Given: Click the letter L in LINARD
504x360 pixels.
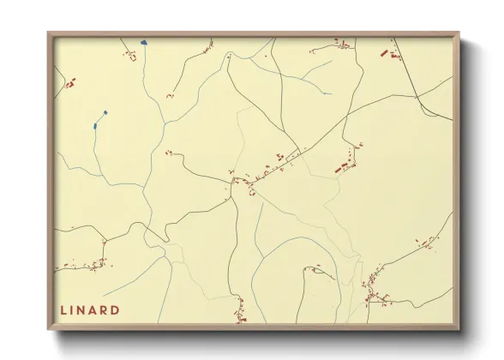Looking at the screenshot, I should coord(63,309).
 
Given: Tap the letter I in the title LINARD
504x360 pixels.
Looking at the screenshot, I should coord(75,309).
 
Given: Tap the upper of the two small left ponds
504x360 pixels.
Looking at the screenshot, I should coord(105,111).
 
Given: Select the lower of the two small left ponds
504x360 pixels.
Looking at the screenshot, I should coord(94,126).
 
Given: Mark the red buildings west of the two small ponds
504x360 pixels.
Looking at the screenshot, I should coord(70,84).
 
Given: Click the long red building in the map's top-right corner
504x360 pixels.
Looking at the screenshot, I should coord(385,54).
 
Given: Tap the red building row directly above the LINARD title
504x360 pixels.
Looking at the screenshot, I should coord(81,267).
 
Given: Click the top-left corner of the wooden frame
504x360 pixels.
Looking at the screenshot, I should coord(48,33).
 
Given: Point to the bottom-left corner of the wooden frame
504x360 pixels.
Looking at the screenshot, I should coord(48,330).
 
